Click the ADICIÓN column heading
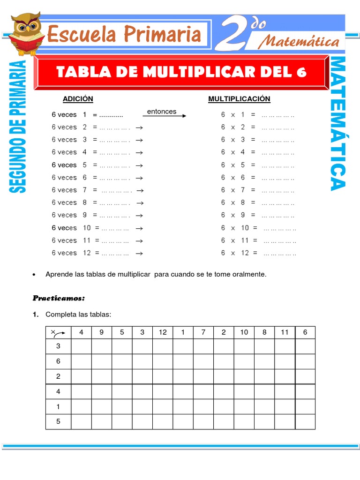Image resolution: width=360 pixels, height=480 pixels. pyautogui.click(x=78, y=99)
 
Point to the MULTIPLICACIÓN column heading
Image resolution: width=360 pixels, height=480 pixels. pyautogui.click(x=239, y=99)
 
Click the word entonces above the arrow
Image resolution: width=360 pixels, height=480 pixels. pyautogui.click(x=162, y=112)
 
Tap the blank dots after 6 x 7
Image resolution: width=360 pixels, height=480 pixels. pyautogui.click(x=278, y=190)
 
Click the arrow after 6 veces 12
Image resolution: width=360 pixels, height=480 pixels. pyautogui.click(x=139, y=253)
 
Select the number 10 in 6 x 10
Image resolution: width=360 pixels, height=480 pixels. pyautogui.click(x=245, y=228)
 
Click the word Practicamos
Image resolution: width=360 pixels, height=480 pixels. pyautogui.click(x=59, y=298)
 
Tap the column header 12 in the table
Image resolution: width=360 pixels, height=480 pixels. pyautogui.click(x=163, y=332)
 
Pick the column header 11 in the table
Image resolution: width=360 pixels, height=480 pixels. pyautogui.click(x=285, y=332)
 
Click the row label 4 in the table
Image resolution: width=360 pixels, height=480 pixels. pyautogui.click(x=58, y=391)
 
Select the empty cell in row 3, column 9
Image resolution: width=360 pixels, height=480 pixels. pyautogui.click(x=102, y=346)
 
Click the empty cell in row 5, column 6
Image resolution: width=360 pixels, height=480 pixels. pyautogui.click(x=305, y=421)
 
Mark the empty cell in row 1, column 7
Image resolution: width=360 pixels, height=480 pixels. pyautogui.click(x=203, y=406)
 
